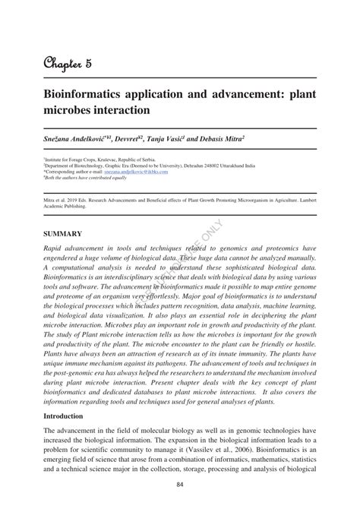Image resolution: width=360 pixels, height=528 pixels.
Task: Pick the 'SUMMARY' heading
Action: [x=62, y=234]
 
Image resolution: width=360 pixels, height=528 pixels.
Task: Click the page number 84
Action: [x=180, y=506]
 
